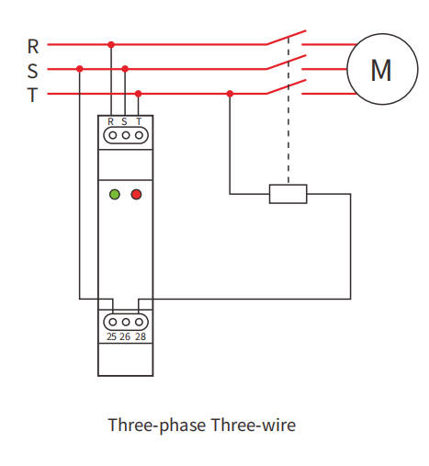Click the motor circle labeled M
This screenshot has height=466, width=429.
[380, 69]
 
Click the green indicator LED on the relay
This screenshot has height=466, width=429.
[115, 194]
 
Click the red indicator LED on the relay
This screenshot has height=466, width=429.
[136, 194]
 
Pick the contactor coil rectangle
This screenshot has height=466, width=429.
[288, 193]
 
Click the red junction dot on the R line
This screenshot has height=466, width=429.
[111, 44]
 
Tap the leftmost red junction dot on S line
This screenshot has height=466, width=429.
[80, 68]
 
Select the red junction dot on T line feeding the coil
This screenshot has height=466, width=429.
[230, 93]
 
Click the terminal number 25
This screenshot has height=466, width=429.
[111, 337]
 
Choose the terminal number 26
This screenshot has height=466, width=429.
[125, 337]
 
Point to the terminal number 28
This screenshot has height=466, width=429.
[140, 337]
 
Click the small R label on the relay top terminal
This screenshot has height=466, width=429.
[111, 121]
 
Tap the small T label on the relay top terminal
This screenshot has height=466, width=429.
[139, 121]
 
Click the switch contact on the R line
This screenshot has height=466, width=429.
[285, 40]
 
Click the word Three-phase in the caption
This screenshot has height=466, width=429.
[155, 426]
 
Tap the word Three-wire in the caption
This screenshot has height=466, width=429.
[254, 426]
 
